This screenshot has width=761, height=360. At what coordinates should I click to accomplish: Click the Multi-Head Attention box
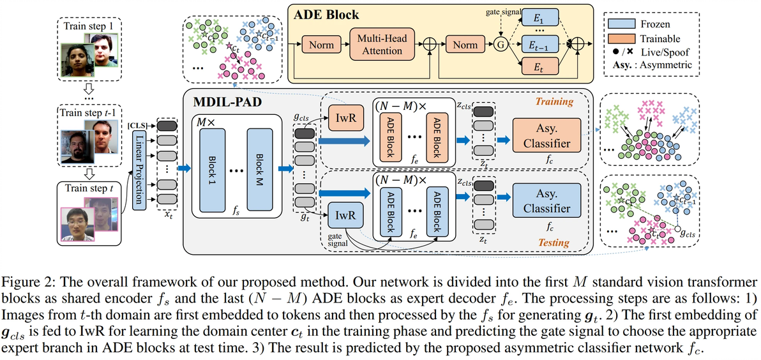pyautogui.click(x=382, y=45)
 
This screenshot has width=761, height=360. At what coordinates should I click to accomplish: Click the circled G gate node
pyautogui.click(x=500, y=45)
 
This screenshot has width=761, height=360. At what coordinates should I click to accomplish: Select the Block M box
pyautogui.click(x=259, y=164)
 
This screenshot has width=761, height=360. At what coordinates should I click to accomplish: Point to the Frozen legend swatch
pyautogui.click(x=621, y=24)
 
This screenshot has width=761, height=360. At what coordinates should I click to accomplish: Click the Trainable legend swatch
pyautogui.click(x=621, y=38)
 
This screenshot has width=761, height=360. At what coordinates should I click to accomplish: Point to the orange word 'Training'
pyautogui.click(x=554, y=101)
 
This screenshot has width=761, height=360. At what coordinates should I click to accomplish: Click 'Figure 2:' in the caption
pyautogui.click(x=29, y=282)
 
